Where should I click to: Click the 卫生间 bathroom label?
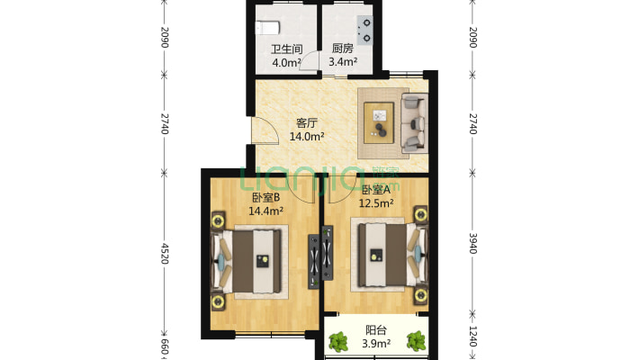tap(286, 49)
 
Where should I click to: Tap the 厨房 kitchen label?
tap(342, 49)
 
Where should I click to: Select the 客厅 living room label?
tap(307, 124)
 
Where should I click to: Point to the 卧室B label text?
tap(265, 198)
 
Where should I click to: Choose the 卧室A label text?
tap(376, 190)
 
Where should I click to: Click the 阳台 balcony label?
tap(377, 330)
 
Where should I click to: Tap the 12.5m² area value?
tap(378, 203)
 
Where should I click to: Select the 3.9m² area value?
tap(377, 344)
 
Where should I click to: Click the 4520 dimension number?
tap(165, 249)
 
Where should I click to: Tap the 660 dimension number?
tap(165, 347)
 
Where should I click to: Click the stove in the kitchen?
tap(364, 31)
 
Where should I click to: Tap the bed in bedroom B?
tap(252, 262)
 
